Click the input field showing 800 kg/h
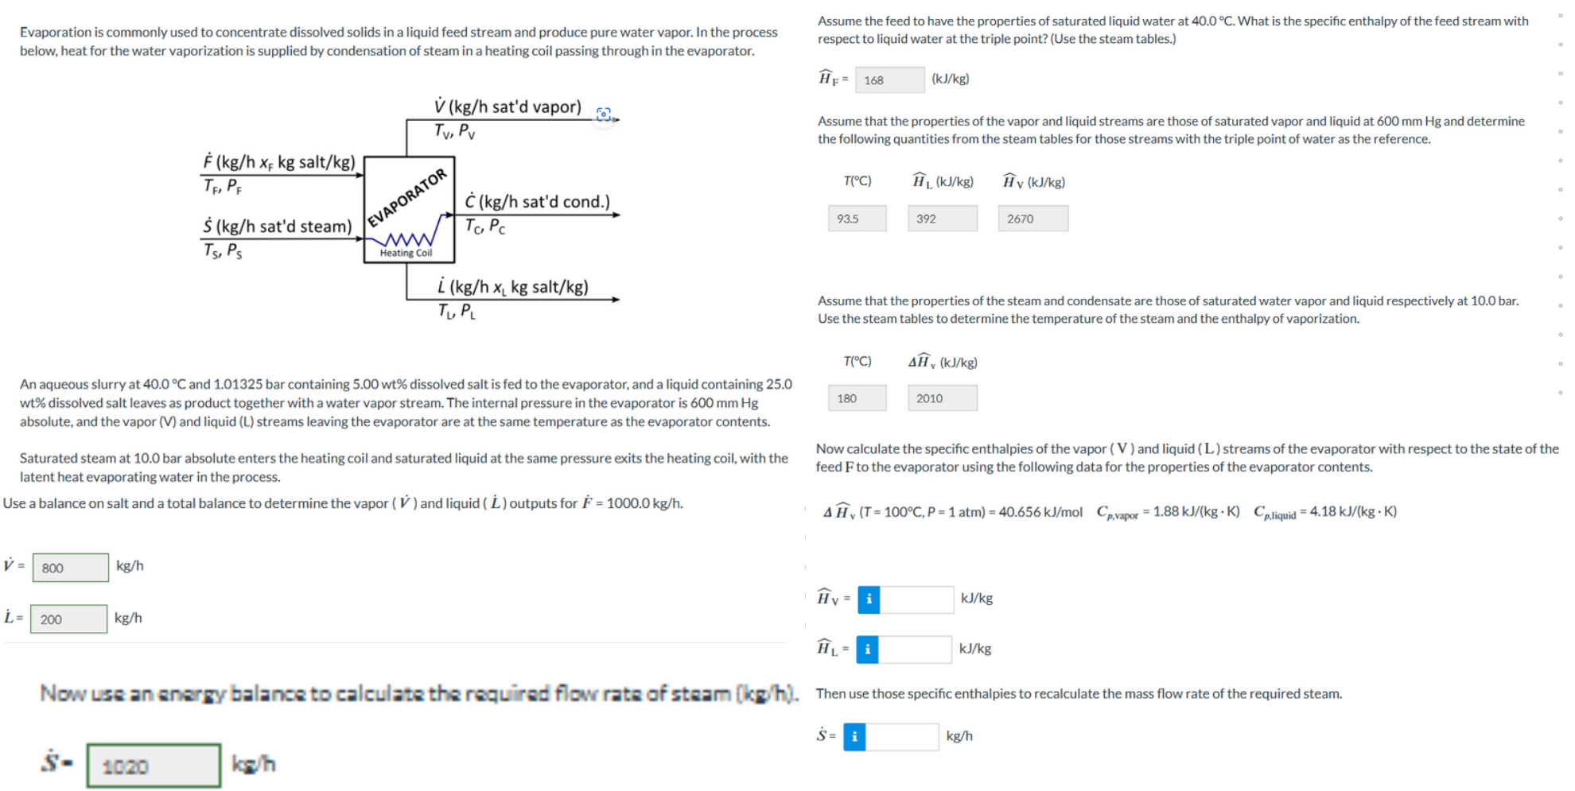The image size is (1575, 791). click(70, 568)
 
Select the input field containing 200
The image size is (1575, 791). click(68, 619)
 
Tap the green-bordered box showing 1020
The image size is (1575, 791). click(154, 766)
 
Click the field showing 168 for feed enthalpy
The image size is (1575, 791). click(889, 79)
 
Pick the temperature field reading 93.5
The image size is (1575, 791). click(857, 219)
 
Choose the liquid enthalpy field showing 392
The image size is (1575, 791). click(942, 219)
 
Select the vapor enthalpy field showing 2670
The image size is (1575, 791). click(1032, 219)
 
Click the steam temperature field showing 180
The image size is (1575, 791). click(857, 398)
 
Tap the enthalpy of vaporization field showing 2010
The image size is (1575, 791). click(942, 398)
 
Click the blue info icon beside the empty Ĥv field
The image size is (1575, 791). click(869, 599)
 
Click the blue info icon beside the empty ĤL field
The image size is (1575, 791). click(867, 649)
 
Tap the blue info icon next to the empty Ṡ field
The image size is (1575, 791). click(854, 737)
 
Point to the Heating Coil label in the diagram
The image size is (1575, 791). click(406, 254)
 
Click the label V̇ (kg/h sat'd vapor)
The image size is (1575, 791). click(507, 107)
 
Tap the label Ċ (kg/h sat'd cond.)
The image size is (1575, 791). click(537, 202)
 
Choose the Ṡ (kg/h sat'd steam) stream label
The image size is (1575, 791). click(277, 227)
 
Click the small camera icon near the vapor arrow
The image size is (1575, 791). click(604, 114)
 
